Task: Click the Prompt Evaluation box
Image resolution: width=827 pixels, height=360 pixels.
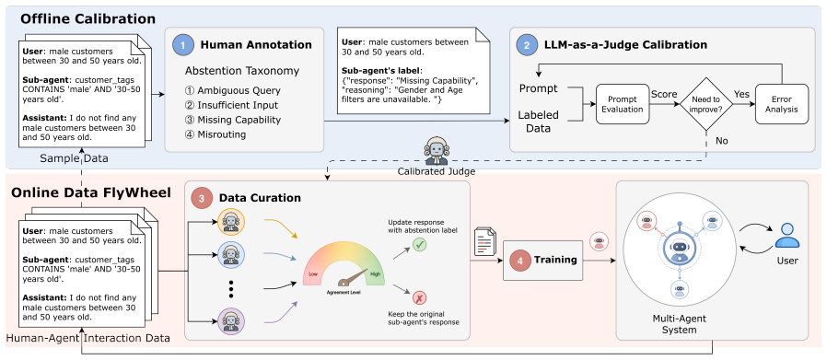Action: (623, 104)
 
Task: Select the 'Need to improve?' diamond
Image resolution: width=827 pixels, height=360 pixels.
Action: (705, 104)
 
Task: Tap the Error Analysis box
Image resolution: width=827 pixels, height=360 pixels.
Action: (782, 104)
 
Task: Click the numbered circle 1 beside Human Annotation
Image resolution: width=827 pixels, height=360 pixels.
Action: (183, 45)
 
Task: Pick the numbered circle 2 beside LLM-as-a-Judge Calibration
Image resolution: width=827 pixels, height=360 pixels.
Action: (528, 45)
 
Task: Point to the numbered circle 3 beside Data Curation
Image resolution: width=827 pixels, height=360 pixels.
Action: (202, 199)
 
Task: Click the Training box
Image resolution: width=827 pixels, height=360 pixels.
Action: (542, 260)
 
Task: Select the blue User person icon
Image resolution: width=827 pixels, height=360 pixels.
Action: (786, 236)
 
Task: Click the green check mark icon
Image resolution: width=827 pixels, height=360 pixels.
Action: (420, 245)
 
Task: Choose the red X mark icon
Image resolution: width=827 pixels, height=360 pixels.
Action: (420, 297)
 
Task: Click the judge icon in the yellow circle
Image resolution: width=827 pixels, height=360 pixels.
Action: (230, 221)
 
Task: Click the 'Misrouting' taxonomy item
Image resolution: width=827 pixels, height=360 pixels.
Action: (215, 134)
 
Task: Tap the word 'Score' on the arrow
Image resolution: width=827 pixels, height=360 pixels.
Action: (663, 94)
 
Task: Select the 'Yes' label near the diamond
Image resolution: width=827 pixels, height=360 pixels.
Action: (741, 94)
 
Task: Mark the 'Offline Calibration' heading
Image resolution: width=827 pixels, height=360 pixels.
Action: (88, 19)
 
